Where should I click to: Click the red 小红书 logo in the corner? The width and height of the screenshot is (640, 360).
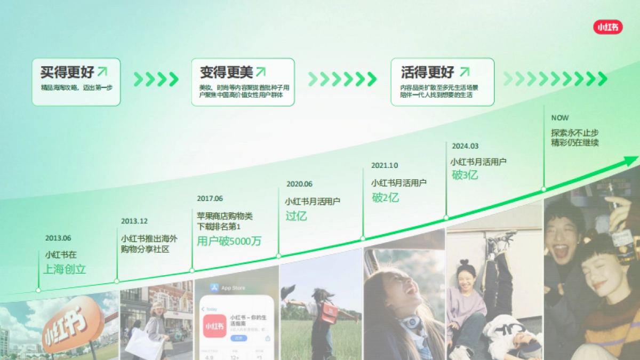[x=608, y=27]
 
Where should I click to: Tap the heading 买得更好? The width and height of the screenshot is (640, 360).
[x=67, y=72]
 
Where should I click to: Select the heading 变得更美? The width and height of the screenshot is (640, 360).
[x=226, y=72]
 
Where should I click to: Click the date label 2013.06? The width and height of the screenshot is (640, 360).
[x=58, y=238]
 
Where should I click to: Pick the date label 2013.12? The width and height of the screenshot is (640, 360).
[x=134, y=221]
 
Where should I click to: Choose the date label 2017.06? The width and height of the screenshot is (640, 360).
[x=210, y=198]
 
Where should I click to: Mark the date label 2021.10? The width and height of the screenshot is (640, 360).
[x=385, y=165]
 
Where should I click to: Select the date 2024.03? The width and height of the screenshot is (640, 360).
[x=465, y=146]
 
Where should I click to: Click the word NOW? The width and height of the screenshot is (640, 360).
[x=560, y=118]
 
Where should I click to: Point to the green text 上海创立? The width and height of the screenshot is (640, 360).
[x=65, y=269]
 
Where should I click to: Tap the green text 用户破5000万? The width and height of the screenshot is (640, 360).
[x=229, y=241]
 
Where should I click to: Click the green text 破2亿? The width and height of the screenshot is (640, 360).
[x=385, y=197]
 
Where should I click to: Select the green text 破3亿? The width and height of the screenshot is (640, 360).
[x=465, y=175]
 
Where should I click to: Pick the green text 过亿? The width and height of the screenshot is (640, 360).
[x=296, y=216]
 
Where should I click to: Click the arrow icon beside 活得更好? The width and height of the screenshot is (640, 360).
[x=465, y=71]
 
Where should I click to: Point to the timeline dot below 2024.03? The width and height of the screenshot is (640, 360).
[x=446, y=218]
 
